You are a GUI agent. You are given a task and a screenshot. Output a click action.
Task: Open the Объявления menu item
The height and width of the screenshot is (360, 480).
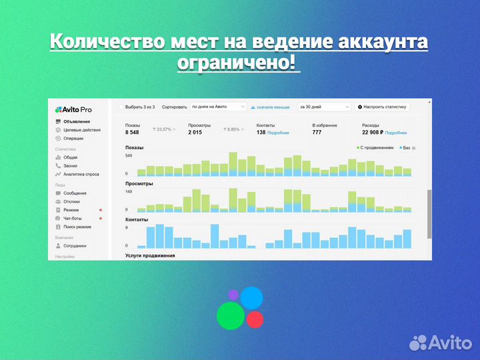pyautogui.click(x=77, y=121)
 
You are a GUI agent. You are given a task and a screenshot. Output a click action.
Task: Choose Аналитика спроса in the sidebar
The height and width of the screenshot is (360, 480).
pyautogui.click(x=81, y=174)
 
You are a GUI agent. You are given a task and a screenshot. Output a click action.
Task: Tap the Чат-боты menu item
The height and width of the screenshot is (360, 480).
pyautogui.click(x=73, y=218)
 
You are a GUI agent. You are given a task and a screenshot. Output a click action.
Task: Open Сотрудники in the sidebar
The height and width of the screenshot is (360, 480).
pyautogui.click(x=75, y=245)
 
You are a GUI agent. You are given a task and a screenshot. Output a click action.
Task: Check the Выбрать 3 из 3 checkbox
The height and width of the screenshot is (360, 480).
pyautogui.click(x=121, y=107)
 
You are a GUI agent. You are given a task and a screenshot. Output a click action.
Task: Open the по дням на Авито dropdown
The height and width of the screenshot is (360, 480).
pyautogui.click(x=218, y=107)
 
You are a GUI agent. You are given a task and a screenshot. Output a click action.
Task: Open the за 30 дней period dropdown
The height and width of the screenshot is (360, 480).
pyautogui.click(x=324, y=107)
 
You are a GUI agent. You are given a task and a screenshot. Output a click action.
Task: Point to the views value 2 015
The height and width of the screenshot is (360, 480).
pyautogui.click(x=195, y=132)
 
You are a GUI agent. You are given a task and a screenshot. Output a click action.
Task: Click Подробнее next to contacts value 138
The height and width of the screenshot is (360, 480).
pyautogui.click(x=278, y=133)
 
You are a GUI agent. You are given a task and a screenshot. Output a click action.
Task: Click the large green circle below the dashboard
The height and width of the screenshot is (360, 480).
pyautogui.click(x=230, y=315)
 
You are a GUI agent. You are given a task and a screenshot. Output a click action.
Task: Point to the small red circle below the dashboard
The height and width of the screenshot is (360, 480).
pyautogui.click(x=255, y=319)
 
